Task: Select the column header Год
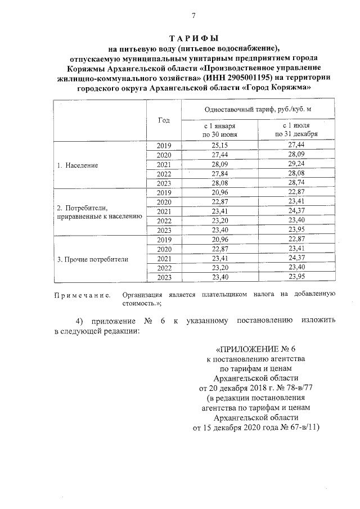(164, 120)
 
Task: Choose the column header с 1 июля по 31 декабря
(296, 130)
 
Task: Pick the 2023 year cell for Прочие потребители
(164, 277)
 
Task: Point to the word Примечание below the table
(82, 294)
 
